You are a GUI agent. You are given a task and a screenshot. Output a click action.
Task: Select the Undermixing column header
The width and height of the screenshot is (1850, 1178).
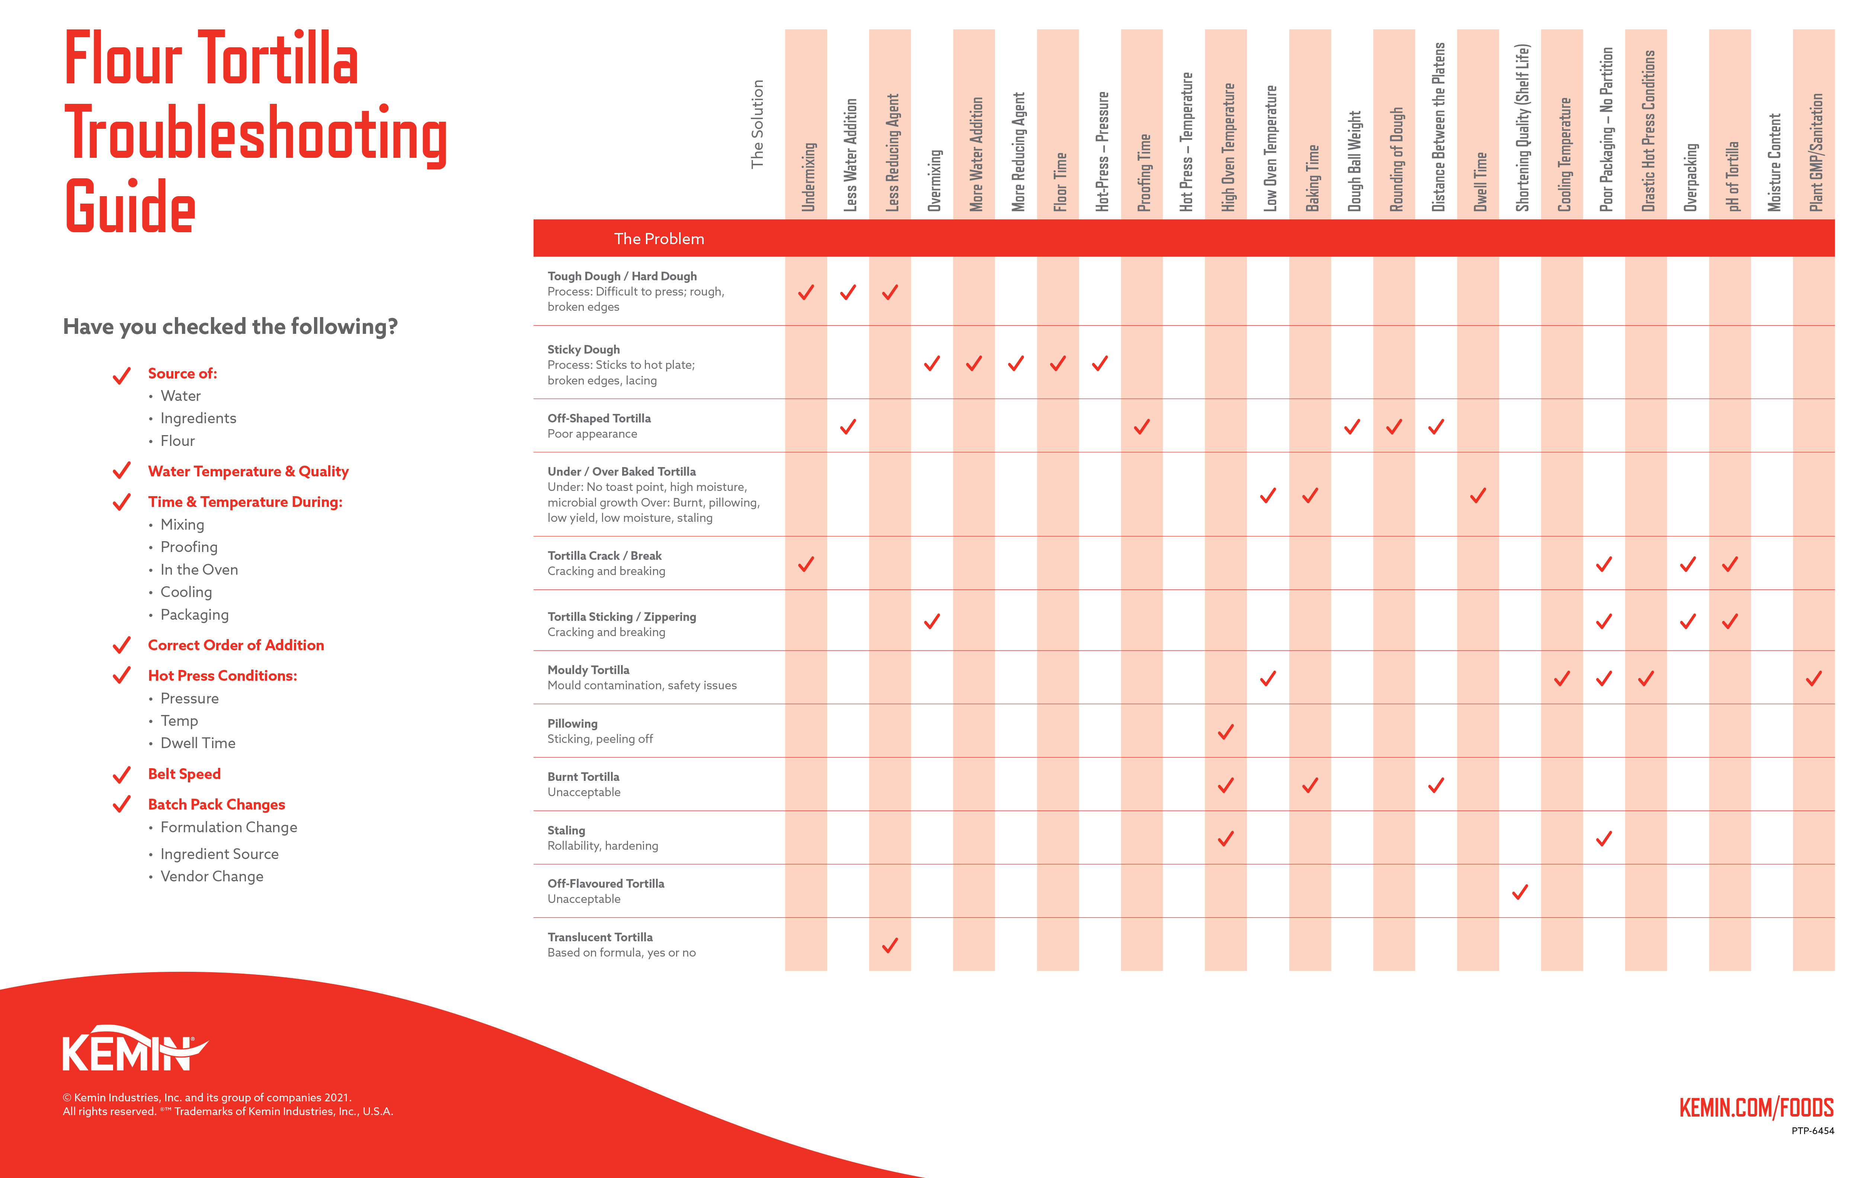tap(807, 177)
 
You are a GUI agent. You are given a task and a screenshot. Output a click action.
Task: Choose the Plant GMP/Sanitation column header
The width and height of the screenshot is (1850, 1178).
tap(1815, 152)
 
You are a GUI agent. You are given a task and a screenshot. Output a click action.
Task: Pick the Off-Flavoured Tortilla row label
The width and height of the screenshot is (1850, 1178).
tap(605, 884)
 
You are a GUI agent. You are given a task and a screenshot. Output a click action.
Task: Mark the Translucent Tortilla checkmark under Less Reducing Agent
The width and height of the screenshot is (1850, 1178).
tap(890, 946)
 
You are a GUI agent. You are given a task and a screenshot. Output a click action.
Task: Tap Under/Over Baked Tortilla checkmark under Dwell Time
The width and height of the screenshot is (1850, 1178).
tap(1478, 496)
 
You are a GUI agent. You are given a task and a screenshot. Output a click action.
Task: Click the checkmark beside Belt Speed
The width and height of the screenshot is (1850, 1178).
tap(121, 775)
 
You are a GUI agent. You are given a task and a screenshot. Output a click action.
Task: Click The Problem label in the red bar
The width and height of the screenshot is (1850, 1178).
tap(659, 239)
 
